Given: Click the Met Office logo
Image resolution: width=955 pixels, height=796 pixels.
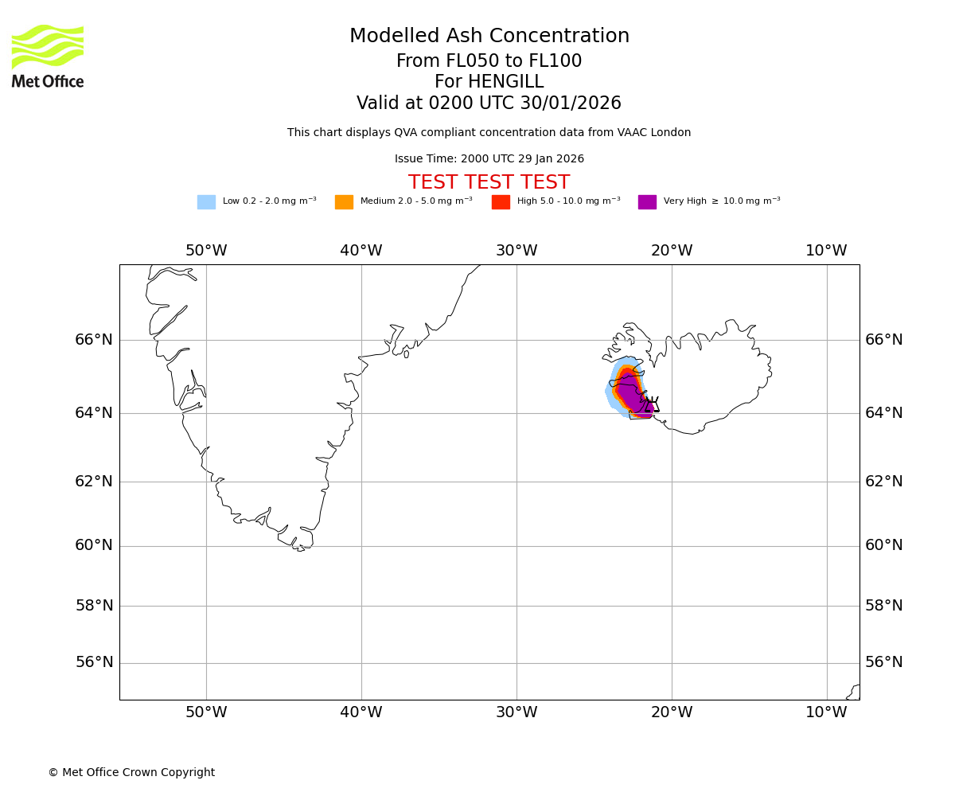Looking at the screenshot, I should click(x=48, y=56).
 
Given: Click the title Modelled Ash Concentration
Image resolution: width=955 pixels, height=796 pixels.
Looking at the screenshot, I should click(x=489, y=37).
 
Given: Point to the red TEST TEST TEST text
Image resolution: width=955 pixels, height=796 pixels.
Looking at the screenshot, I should click(x=489, y=182).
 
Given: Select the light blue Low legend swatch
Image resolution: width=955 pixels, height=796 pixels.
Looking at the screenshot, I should click(x=206, y=202).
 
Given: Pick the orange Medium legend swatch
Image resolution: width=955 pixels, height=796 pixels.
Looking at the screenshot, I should click(x=344, y=202).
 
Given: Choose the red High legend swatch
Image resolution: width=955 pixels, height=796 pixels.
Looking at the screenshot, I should click(x=501, y=202).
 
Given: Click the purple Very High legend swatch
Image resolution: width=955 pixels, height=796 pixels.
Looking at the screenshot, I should click(x=647, y=202).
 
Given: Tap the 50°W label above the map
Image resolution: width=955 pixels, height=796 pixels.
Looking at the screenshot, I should click(x=206, y=251).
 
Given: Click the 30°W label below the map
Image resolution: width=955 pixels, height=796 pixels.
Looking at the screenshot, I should click(x=516, y=712).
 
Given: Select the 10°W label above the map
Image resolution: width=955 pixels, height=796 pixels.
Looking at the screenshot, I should click(x=826, y=251).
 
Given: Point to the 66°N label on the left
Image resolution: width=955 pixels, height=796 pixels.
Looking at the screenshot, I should click(x=94, y=340).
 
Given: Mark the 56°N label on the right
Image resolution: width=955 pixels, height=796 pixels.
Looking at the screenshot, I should click(x=884, y=662).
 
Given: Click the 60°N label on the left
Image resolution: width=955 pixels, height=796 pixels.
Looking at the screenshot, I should click(x=94, y=545).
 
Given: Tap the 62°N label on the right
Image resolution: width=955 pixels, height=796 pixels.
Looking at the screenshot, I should click(x=884, y=481).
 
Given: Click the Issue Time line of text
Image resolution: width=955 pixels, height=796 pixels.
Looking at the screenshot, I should click(x=489, y=159).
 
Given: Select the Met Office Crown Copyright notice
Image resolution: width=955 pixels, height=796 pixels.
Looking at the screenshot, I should click(x=131, y=773).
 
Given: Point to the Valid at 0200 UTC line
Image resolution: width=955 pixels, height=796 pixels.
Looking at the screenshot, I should click(x=489, y=103).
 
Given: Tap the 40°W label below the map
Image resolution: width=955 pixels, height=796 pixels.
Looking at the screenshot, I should click(x=361, y=712).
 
